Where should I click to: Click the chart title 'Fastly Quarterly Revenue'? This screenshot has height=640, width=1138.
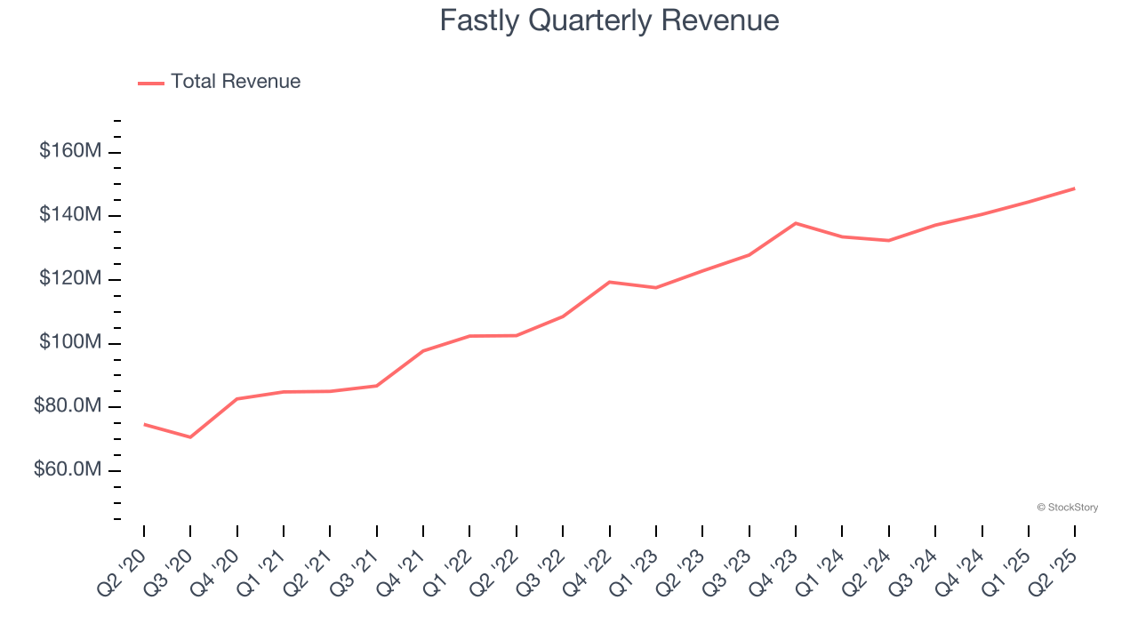tap(609, 20)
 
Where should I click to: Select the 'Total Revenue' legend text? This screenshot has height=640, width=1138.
tap(236, 82)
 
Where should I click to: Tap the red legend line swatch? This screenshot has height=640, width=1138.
tap(151, 83)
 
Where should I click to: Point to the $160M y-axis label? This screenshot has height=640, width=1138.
tap(69, 151)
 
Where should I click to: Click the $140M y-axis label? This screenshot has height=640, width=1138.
tap(69, 215)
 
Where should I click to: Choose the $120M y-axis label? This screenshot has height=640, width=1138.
tap(69, 279)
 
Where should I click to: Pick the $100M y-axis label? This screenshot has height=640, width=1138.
tap(69, 343)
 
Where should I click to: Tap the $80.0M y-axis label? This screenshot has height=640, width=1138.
tap(68, 407)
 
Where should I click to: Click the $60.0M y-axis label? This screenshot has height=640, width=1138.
tap(68, 469)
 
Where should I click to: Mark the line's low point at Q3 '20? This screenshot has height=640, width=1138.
tap(190, 437)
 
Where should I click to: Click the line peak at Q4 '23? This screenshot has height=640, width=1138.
tap(796, 223)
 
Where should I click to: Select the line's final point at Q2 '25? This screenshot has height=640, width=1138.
tap(1075, 188)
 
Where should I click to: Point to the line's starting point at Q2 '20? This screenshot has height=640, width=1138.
tap(144, 424)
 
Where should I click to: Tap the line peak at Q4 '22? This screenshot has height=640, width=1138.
tap(610, 282)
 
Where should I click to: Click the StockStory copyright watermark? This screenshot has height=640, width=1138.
tap(1067, 508)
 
